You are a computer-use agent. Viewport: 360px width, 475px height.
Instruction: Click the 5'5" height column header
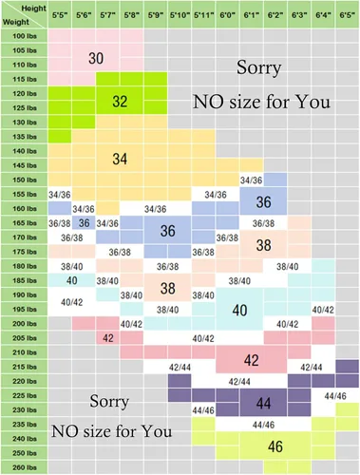(60, 15)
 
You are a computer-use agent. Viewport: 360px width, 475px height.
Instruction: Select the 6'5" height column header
(348, 15)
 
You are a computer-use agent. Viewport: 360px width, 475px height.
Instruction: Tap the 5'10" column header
(180, 15)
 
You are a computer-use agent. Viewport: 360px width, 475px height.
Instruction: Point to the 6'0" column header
(227, 15)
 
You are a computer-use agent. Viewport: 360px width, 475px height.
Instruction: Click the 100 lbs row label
(25, 36)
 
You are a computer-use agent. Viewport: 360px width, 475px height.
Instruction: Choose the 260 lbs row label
(25, 467)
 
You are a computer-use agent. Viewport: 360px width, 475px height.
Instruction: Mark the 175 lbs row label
(25, 252)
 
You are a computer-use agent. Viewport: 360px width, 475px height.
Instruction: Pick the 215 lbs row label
(25, 367)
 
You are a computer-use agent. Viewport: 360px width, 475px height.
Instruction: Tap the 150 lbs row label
(25, 180)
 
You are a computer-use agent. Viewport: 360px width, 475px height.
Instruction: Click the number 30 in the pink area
(96, 58)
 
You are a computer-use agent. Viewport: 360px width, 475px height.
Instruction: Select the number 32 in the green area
(120, 102)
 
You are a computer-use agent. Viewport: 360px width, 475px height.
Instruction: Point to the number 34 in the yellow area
(120, 159)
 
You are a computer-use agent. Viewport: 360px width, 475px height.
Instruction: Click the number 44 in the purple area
(263, 404)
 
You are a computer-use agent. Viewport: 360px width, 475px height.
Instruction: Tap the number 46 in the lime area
(275, 446)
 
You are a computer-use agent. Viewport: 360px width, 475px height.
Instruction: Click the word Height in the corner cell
(33, 9)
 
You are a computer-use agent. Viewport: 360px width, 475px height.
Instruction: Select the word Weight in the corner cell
(16, 22)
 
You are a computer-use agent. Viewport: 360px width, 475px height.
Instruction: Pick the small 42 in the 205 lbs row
(108, 338)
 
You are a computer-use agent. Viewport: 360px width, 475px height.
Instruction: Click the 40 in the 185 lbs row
(71, 280)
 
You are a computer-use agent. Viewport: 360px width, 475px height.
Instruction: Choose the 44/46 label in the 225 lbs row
(335, 396)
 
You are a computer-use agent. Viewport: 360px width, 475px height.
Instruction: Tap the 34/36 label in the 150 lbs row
(251, 180)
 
